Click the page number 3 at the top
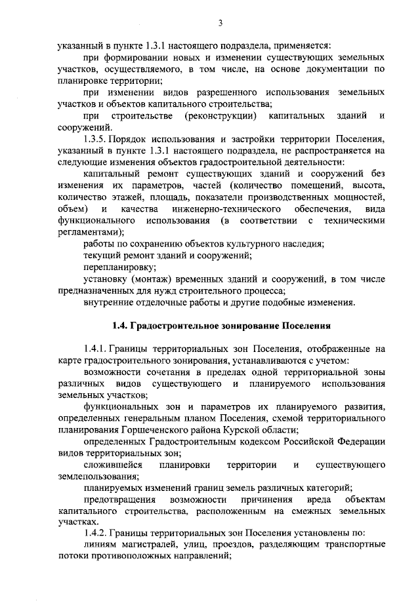(x=221, y=24)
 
